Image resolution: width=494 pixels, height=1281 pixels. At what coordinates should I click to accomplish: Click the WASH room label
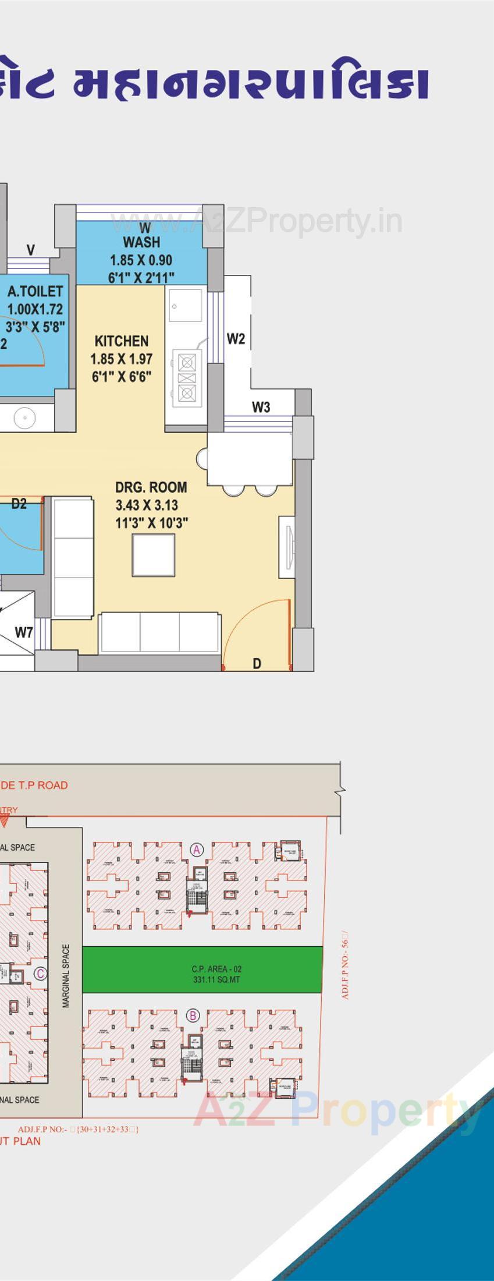click(141, 242)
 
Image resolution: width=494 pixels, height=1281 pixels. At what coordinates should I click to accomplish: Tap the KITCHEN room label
click(121, 341)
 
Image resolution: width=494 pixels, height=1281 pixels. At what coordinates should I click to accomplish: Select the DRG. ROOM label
click(151, 487)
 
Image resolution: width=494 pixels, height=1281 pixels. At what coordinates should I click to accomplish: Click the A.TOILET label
click(35, 292)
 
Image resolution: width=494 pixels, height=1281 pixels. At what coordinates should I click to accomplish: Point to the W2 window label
click(236, 339)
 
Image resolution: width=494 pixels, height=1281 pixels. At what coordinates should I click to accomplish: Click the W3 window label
click(261, 408)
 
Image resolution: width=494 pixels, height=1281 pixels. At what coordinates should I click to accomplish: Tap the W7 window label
click(23, 632)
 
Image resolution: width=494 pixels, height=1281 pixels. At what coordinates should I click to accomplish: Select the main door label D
click(257, 663)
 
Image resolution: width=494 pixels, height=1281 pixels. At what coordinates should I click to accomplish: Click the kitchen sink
click(186, 305)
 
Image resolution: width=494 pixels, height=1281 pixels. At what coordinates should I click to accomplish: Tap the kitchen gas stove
click(186, 378)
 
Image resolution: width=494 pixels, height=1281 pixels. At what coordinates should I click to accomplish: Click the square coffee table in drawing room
click(153, 555)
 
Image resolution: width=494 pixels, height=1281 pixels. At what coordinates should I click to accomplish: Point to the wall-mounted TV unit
click(287, 547)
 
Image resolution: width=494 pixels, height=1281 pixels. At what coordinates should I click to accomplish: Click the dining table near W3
click(250, 460)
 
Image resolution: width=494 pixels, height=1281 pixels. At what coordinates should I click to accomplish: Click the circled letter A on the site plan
click(197, 850)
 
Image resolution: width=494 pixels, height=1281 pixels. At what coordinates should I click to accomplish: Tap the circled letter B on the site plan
click(193, 1016)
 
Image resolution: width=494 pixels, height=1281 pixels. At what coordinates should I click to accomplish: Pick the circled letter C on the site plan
click(40, 974)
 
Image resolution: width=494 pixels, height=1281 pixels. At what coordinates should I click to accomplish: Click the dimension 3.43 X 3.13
click(147, 505)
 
